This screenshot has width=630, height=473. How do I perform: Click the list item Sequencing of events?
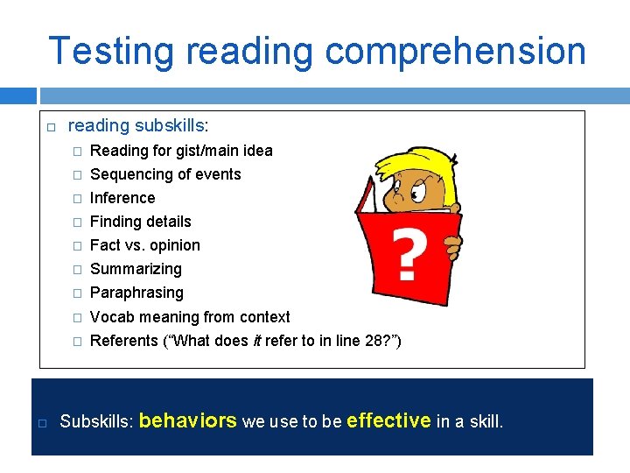(x=165, y=174)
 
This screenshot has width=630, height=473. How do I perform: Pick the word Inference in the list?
(x=122, y=198)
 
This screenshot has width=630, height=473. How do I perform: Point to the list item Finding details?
(x=140, y=222)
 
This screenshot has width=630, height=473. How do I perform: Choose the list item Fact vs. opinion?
(x=145, y=245)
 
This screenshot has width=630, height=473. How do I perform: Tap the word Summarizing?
(x=136, y=269)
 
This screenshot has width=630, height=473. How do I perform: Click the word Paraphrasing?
(x=136, y=293)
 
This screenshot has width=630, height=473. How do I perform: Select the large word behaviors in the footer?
(x=188, y=420)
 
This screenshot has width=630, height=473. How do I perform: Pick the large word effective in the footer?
(x=388, y=420)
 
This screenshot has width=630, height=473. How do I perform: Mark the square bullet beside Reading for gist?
(x=76, y=151)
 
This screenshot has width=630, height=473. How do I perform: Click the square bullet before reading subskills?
(x=50, y=128)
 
